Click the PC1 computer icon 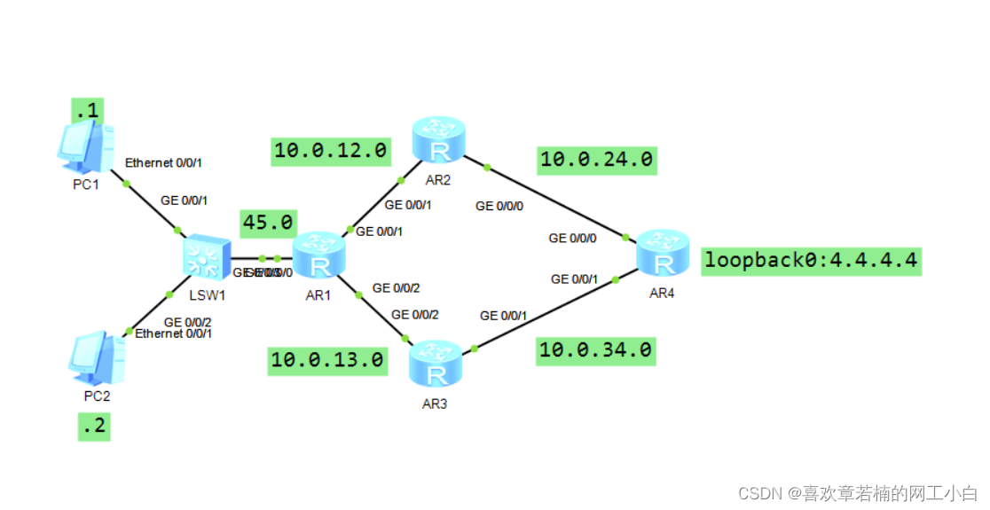pyautogui.click(x=85, y=147)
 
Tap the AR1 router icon pyautogui.click(x=318, y=256)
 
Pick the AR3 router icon pyautogui.click(x=435, y=366)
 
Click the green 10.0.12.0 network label pyautogui.click(x=330, y=152)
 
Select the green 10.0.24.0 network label pyautogui.click(x=597, y=160)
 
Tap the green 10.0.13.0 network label pyautogui.click(x=327, y=359)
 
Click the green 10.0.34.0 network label pyautogui.click(x=596, y=350)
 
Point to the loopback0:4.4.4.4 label pyautogui.click(x=811, y=261)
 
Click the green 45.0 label pyautogui.click(x=268, y=221)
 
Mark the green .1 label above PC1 pyautogui.click(x=88, y=111)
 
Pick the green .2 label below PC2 pyautogui.click(x=93, y=427)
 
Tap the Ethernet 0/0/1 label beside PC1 pyautogui.click(x=163, y=163)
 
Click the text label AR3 pyautogui.click(x=436, y=404)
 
